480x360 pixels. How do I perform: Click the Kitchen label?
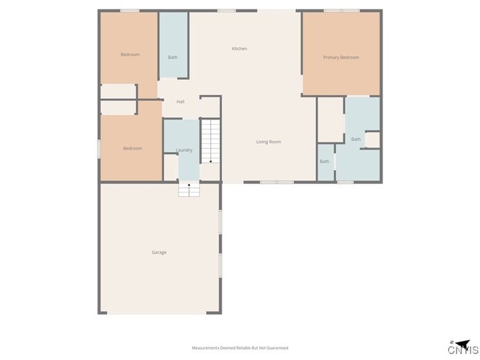point(239,49)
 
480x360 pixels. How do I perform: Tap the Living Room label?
point(268,142)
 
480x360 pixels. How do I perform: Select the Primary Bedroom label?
point(341,58)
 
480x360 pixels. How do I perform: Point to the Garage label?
point(159,252)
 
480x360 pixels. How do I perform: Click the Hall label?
point(180,102)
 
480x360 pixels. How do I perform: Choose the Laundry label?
point(184,150)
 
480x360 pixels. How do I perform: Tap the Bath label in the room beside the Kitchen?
point(173,58)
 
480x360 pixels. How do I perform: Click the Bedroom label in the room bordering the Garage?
point(132,149)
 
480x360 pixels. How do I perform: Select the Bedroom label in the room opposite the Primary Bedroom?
point(130,55)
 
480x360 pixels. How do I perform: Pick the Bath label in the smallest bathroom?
point(324,162)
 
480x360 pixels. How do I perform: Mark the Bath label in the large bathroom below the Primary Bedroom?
point(356,139)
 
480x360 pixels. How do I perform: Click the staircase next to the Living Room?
point(211,140)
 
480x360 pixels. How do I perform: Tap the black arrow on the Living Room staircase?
point(211,160)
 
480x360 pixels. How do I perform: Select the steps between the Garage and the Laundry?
point(189,190)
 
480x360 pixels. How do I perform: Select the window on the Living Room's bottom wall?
point(276,181)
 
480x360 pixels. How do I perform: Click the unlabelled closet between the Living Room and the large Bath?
point(330,119)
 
